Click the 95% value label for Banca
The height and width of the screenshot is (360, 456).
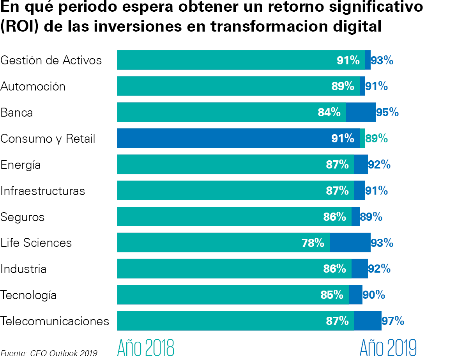pos(387,112)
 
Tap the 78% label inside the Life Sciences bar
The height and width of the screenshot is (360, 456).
pos(313,243)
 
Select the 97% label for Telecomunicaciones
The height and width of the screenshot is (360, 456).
pos(393,321)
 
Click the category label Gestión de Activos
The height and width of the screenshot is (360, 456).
pos(51,60)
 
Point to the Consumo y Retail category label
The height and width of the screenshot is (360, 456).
pos(48,139)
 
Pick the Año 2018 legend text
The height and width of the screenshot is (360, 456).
pos(146,348)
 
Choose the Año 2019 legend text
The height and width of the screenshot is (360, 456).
pos(388,348)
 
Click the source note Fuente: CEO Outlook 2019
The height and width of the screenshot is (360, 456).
pos(49,353)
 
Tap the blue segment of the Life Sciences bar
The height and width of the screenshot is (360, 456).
pos(350,243)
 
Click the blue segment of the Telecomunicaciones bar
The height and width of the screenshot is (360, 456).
pos(368,321)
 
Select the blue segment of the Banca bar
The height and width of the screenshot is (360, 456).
pos(361,112)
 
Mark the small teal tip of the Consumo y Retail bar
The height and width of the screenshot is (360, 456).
pos(362,138)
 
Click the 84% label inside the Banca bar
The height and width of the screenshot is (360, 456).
pos(329,112)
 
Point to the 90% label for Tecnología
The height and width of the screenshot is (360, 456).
pos(374,295)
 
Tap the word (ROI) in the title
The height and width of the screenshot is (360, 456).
pos(19,27)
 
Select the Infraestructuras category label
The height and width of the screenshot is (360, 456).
pos(42,191)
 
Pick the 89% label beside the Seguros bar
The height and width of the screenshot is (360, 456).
pos(371,217)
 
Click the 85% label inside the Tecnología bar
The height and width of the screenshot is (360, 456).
pos(332,295)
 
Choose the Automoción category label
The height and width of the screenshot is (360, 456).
pos(33,87)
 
